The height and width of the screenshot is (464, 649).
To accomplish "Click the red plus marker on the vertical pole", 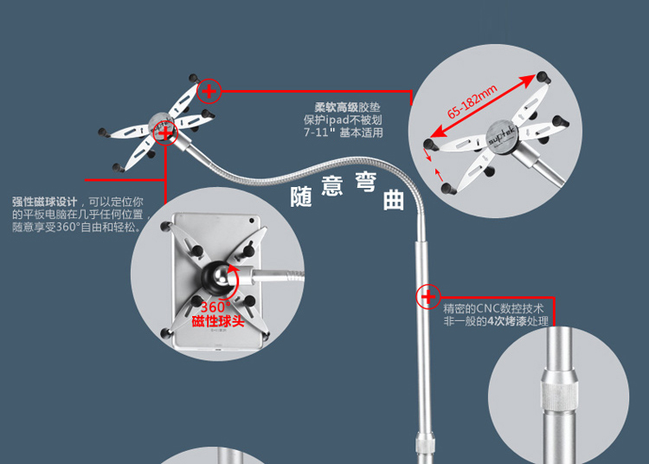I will tap(427, 297).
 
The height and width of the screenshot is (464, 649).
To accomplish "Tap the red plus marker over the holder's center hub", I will tap(166, 132).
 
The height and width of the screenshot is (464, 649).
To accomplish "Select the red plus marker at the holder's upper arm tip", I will tap(209, 89).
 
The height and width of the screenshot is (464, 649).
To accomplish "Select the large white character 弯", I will tap(363, 184).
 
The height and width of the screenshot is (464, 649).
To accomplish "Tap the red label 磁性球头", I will tap(218, 322).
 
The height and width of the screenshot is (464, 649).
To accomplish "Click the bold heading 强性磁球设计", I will tap(45, 200).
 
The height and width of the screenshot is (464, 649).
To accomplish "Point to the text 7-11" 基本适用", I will tap(343, 133).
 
